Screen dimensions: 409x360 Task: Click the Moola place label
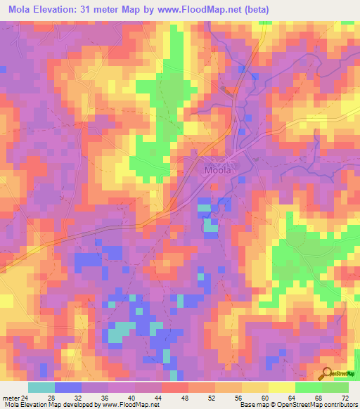(x=218, y=169)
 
